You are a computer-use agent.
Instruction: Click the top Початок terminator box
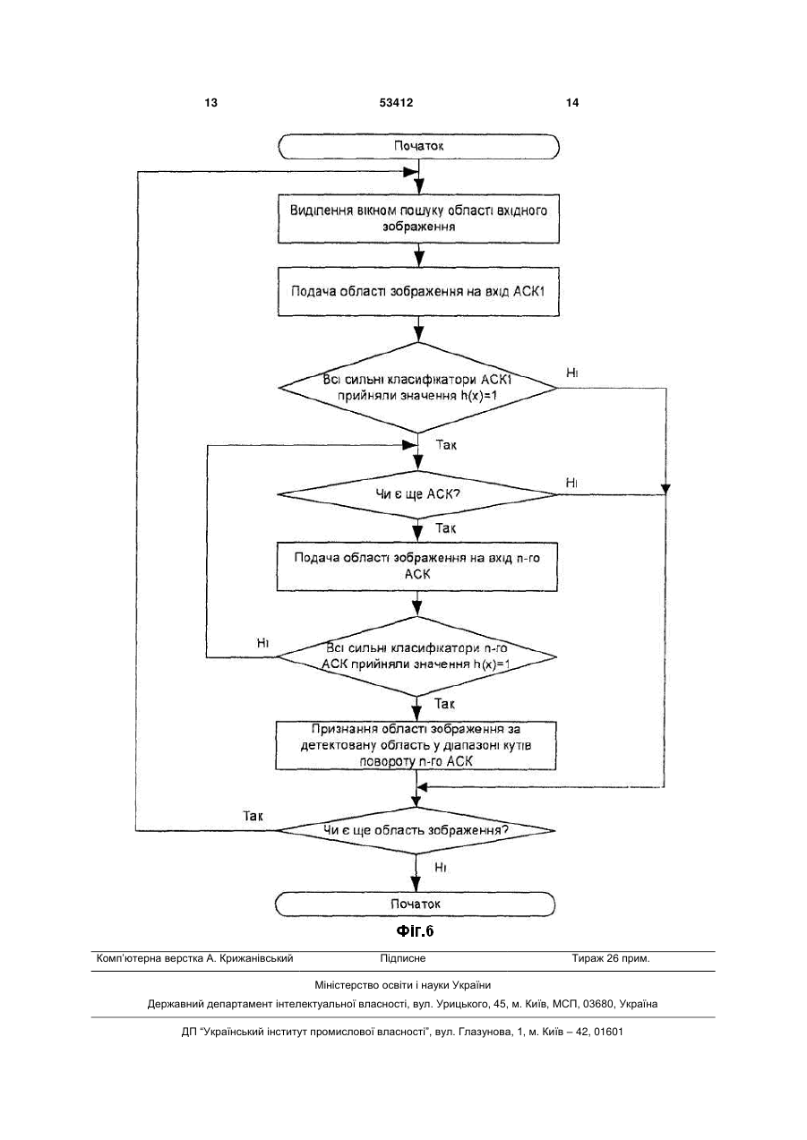(x=418, y=147)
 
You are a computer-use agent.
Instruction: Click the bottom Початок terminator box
(x=415, y=904)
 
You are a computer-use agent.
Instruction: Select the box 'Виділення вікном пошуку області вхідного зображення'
(x=418, y=219)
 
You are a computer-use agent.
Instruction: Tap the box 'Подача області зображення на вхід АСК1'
(x=418, y=292)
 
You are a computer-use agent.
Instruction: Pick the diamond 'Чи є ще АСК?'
(x=417, y=494)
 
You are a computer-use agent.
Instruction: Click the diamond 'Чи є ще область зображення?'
(x=416, y=830)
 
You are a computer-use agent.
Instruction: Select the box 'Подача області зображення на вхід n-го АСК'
(x=417, y=567)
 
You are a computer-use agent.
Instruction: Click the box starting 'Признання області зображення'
(x=416, y=745)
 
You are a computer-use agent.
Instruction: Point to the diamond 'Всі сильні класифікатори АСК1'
(x=418, y=388)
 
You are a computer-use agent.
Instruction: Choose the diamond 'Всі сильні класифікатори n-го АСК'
(x=416, y=656)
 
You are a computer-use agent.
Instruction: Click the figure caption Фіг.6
(x=415, y=931)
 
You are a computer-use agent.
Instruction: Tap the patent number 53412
(x=396, y=103)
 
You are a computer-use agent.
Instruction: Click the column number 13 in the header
(x=210, y=103)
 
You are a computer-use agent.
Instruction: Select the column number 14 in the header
(x=572, y=103)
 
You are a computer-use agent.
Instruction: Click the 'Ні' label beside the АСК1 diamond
(x=572, y=373)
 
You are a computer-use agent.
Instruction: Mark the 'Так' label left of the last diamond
(x=253, y=817)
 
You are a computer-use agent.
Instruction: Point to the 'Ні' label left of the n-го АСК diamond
(x=262, y=643)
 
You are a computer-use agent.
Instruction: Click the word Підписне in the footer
(x=403, y=958)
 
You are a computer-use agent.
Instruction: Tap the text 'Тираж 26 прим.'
(x=611, y=958)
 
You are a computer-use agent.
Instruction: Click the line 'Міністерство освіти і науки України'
(x=403, y=985)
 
